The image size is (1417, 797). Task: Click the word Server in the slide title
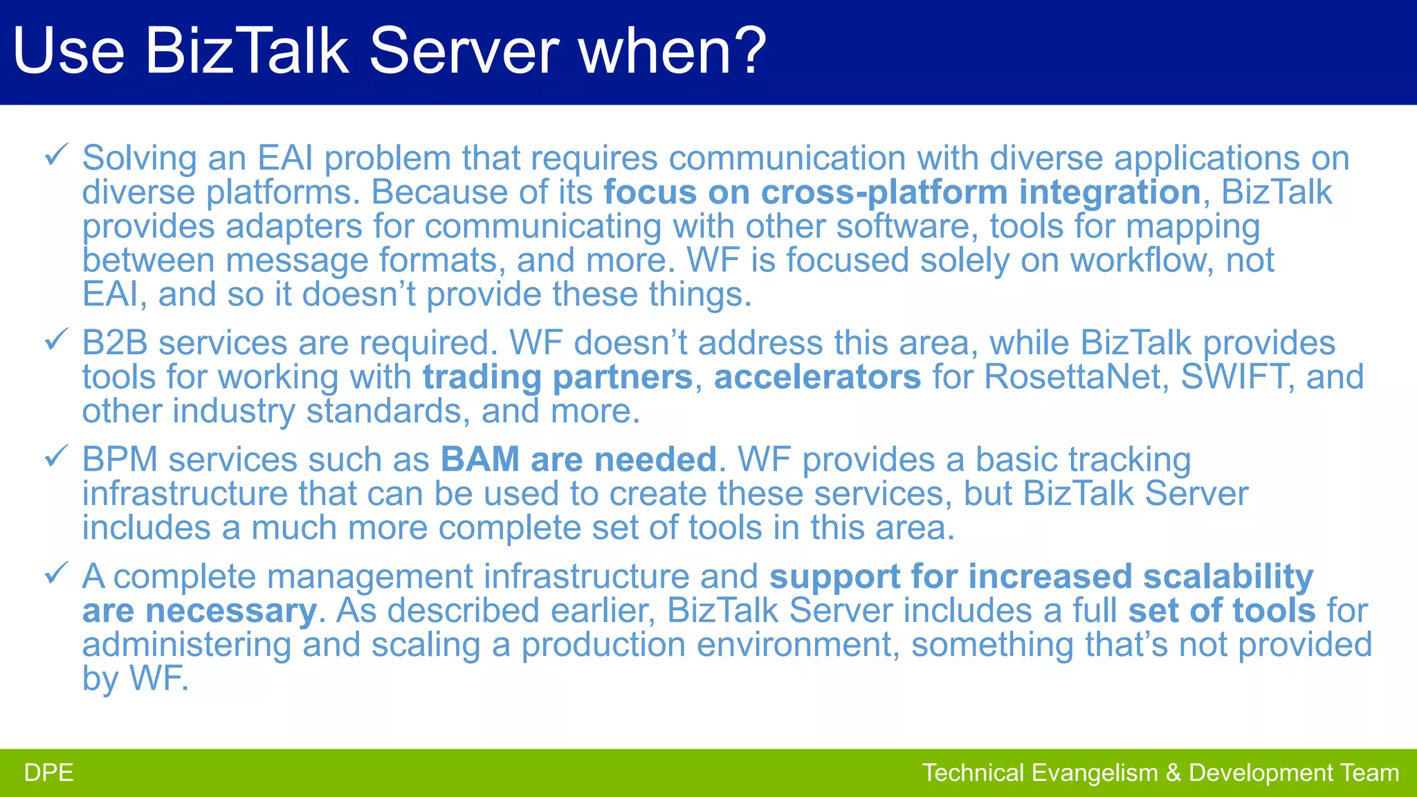(464, 51)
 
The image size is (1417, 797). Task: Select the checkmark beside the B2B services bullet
(55, 339)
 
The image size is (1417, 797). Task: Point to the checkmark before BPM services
(55, 456)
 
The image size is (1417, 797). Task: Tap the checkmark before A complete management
(55, 573)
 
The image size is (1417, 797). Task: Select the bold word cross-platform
(884, 193)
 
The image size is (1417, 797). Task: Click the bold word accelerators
(817, 378)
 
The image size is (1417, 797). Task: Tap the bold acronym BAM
(479, 460)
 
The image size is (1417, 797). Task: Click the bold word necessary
(230, 611)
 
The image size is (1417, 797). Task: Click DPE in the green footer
(48, 773)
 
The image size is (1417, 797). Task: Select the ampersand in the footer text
(1173, 773)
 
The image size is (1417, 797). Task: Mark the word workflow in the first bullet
(1141, 261)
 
